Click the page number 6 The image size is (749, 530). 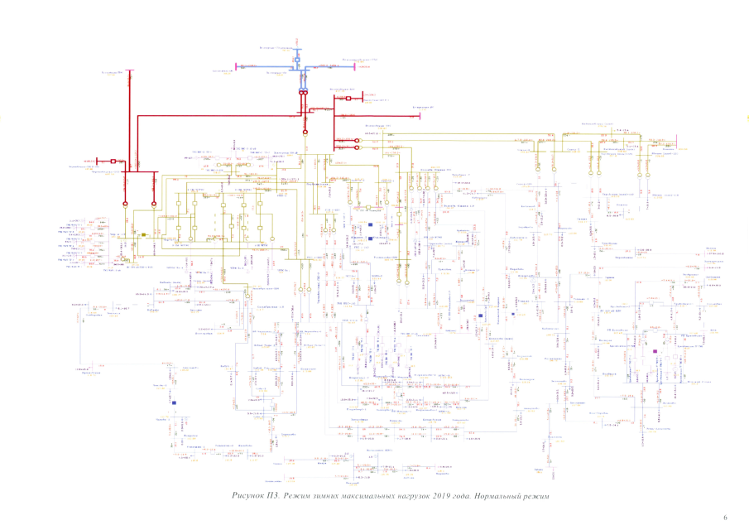click(x=725, y=518)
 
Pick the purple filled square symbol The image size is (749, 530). click(x=655, y=352)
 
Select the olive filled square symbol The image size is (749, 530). click(x=143, y=236)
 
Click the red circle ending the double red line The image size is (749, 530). click(x=305, y=131)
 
